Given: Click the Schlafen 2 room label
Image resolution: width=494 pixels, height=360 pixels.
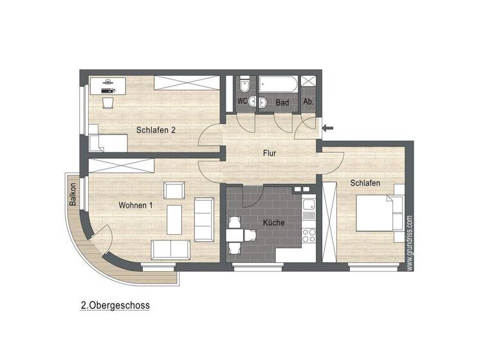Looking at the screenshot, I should pyautogui.click(x=156, y=130).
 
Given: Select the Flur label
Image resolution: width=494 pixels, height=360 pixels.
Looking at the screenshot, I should pyautogui.click(x=270, y=153).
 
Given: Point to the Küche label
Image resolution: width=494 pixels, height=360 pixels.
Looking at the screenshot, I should pyautogui.click(x=273, y=223).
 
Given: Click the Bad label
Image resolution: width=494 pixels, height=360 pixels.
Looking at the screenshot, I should pyautogui.click(x=282, y=102).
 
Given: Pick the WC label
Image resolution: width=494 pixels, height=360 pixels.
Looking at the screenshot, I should pyautogui.click(x=242, y=102).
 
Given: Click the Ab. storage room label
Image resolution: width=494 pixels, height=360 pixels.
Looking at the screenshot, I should pyautogui.click(x=308, y=102).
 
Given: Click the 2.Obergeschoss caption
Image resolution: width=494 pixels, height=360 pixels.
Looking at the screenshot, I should pyautogui.click(x=115, y=306).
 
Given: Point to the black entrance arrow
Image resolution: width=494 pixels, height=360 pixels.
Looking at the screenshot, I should pyautogui.click(x=327, y=129).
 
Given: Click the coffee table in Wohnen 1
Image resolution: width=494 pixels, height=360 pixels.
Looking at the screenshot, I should pyautogui.click(x=174, y=219).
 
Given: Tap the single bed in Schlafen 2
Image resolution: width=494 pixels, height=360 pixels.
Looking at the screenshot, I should pyautogui.click(x=106, y=143).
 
